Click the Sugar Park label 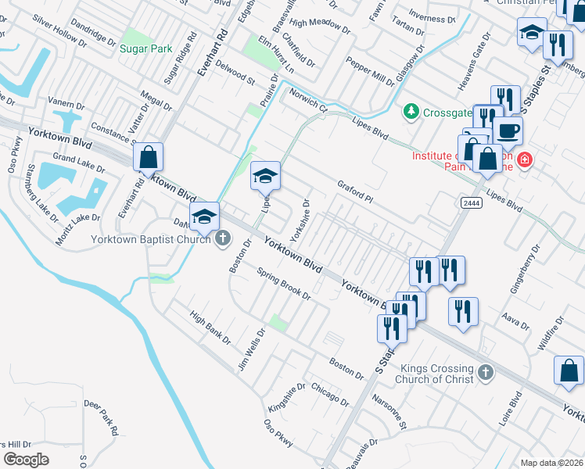(145, 48)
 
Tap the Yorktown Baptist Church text (151, 238)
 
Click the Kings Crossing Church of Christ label (436, 374)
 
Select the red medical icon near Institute (524, 160)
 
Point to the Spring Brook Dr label (284, 285)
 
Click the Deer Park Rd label (102, 418)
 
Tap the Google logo (26, 459)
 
